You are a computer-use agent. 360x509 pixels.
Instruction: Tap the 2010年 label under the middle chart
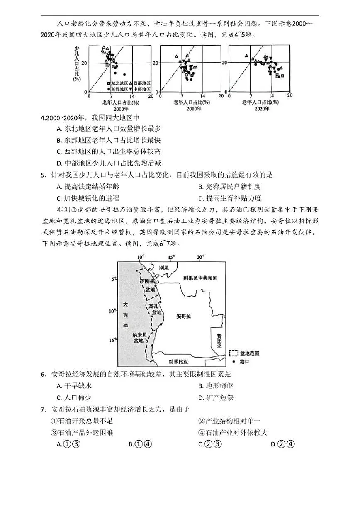click(x=191, y=109)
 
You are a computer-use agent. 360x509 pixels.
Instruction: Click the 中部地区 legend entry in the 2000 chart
click(x=139, y=89)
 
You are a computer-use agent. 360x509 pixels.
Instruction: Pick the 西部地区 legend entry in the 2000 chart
click(x=139, y=83)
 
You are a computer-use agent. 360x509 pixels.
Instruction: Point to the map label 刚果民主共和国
click(x=200, y=278)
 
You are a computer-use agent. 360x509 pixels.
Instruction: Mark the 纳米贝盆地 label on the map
click(x=138, y=337)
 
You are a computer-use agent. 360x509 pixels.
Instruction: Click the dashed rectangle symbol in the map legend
click(x=234, y=353)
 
